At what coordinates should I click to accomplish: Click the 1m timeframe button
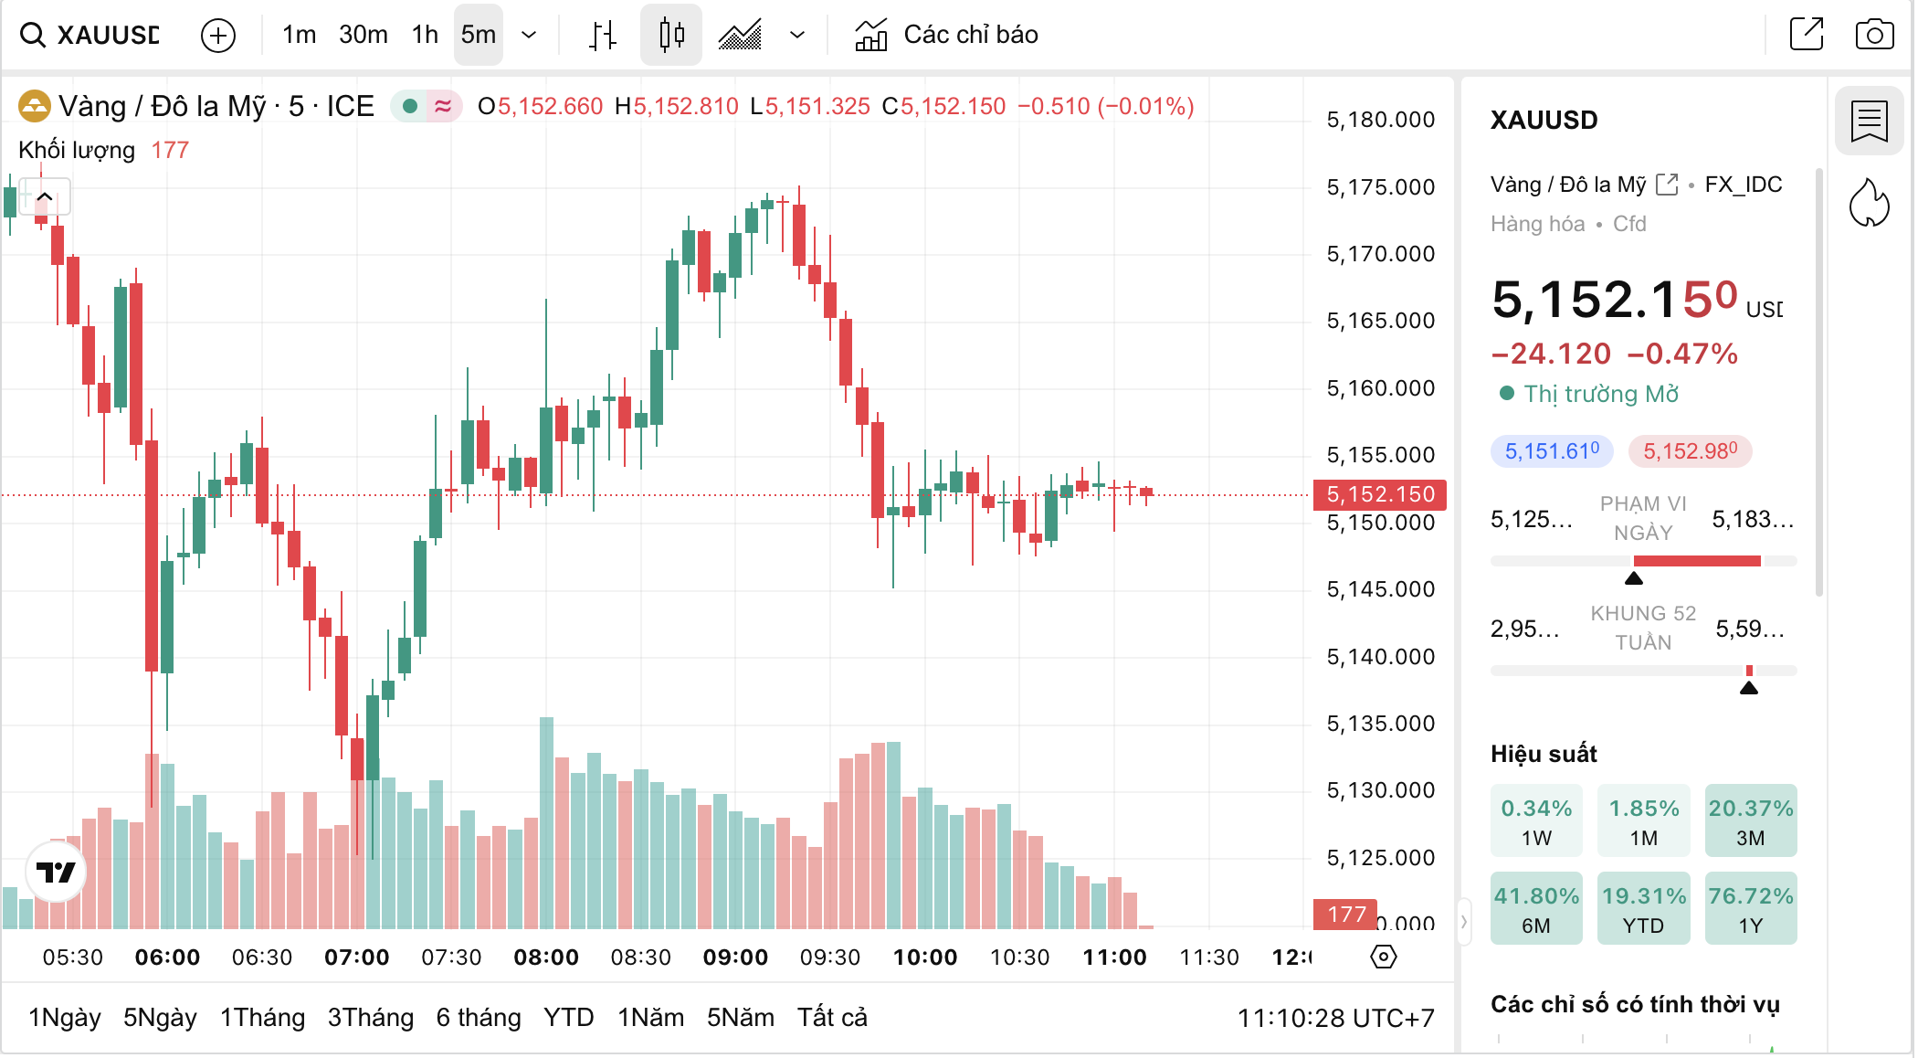click(299, 35)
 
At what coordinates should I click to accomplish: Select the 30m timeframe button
click(363, 35)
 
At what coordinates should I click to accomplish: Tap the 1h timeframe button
click(425, 35)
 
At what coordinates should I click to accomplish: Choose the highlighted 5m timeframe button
click(478, 35)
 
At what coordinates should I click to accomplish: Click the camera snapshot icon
click(1873, 35)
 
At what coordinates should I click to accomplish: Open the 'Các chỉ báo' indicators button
click(947, 35)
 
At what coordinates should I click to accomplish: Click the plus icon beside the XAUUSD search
click(218, 36)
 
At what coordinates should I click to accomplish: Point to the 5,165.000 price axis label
click(1380, 321)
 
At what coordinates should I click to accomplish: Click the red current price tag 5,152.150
click(1379, 494)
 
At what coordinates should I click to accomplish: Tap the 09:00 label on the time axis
click(735, 957)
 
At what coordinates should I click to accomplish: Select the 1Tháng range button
click(262, 1018)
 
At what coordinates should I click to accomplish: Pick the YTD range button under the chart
click(568, 1018)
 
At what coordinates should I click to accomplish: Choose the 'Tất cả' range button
click(832, 1018)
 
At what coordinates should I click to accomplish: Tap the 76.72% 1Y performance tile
click(1750, 909)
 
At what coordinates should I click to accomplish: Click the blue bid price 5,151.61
click(1552, 451)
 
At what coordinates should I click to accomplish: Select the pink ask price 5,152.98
click(1690, 451)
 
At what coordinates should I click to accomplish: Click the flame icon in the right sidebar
click(1869, 203)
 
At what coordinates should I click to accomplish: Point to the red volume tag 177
click(1346, 915)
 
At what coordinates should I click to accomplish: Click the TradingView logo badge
click(56, 873)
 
